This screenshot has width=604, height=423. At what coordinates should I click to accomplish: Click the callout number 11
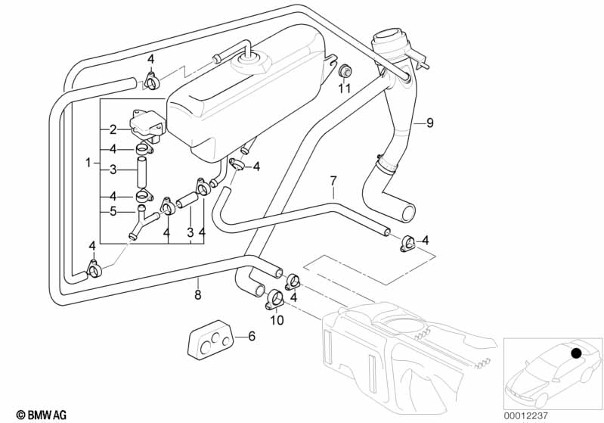click(x=344, y=88)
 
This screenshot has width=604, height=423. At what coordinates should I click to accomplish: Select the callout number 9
click(x=429, y=122)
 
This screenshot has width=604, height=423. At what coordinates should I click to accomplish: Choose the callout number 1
click(x=88, y=162)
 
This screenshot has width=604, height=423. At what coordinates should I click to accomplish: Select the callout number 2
click(x=112, y=129)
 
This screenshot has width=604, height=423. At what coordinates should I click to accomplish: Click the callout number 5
click(x=112, y=211)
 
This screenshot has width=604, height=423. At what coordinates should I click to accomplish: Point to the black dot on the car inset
click(x=578, y=352)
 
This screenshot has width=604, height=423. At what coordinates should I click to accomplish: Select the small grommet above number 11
click(x=344, y=71)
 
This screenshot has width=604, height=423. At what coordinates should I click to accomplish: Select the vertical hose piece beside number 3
click(x=141, y=171)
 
